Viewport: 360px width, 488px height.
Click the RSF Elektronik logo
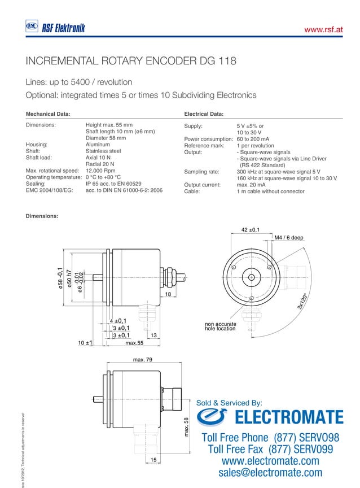pyautogui.click(x=55, y=27)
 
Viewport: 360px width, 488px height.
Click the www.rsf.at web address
pyautogui.click(x=324, y=29)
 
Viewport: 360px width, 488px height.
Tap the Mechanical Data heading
pyautogui.click(x=48, y=114)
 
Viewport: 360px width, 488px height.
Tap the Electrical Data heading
pyautogui.click(x=204, y=114)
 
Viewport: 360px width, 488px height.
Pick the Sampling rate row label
pyautogui.click(x=201, y=171)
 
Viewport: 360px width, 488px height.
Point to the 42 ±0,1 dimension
pyautogui.click(x=250, y=230)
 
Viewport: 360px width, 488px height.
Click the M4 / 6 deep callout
pyautogui.click(x=289, y=238)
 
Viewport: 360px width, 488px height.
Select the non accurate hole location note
pyautogui.click(x=220, y=326)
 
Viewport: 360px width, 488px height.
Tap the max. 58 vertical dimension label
pyautogui.click(x=186, y=426)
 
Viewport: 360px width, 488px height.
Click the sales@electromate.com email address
pyautogui.click(x=270, y=473)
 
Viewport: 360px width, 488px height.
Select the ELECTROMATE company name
pyautogui.click(x=288, y=418)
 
